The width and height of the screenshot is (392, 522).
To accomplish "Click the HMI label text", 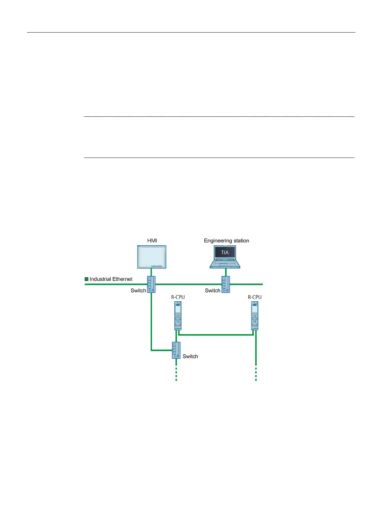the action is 152,241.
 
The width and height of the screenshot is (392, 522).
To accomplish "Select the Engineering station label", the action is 226,241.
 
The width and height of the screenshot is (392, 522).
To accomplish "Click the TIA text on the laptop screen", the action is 225,253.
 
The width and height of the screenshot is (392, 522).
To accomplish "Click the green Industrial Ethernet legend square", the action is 87,279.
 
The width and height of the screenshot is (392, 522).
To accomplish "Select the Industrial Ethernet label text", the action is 111,279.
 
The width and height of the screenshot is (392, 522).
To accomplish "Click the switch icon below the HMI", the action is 151,285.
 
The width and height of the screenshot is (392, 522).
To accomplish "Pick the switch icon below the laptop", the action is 225,285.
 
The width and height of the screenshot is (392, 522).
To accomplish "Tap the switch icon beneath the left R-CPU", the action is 176,350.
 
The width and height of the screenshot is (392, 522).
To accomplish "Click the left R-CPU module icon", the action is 178,316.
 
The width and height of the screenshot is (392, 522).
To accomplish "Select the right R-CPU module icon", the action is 255,316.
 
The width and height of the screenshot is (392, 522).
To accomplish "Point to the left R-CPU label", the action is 178,297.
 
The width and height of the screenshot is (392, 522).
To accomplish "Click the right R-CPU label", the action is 255,297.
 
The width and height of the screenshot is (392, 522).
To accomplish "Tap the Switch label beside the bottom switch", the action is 190,357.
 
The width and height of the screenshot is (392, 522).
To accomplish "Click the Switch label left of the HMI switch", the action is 138,291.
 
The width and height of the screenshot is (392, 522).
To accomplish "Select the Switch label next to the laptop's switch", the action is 213,291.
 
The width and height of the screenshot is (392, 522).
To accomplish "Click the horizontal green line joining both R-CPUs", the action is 216,335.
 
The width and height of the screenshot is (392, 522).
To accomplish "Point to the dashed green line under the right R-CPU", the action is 256,373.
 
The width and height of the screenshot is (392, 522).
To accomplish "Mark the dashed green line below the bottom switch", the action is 176,373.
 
